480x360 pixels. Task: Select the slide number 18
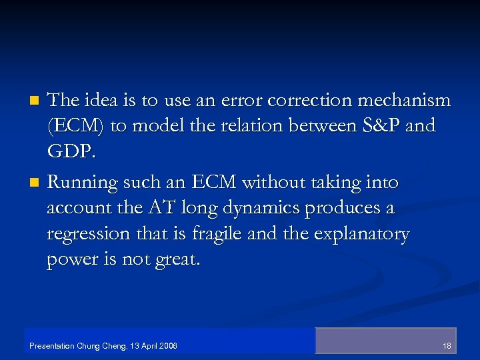(x=447, y=346)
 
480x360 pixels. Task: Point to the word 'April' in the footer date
(x=151, y=346)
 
